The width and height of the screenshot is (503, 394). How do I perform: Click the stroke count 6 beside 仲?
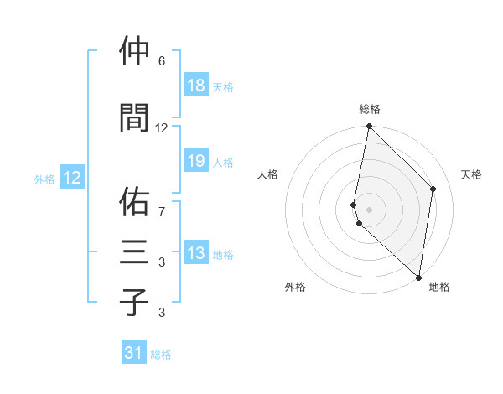click(x=162, y=61)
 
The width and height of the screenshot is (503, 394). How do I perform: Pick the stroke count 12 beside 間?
click(x=162, y=127)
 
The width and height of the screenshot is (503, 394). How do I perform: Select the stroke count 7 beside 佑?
click(x=162, y=211)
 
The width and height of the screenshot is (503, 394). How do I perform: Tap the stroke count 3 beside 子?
click(x=162, y=313)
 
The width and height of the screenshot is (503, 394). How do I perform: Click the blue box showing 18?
click(x=195, y=86)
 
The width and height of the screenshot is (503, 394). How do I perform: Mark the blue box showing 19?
click(x=195, y=161)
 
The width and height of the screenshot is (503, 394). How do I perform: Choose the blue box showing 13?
click(x=195, y=253)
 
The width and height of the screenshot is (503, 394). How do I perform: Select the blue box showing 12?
click(x=72, y=178)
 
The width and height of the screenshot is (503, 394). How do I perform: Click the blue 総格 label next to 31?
click(x=161, y=355)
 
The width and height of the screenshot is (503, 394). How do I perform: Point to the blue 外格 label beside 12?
click(x=44, y=179)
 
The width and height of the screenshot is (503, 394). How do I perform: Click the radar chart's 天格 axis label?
click(x=471, y=174)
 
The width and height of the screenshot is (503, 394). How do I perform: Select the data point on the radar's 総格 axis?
click(x=369, y=127)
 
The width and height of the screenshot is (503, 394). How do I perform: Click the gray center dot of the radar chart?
click(x=369, y=209)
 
